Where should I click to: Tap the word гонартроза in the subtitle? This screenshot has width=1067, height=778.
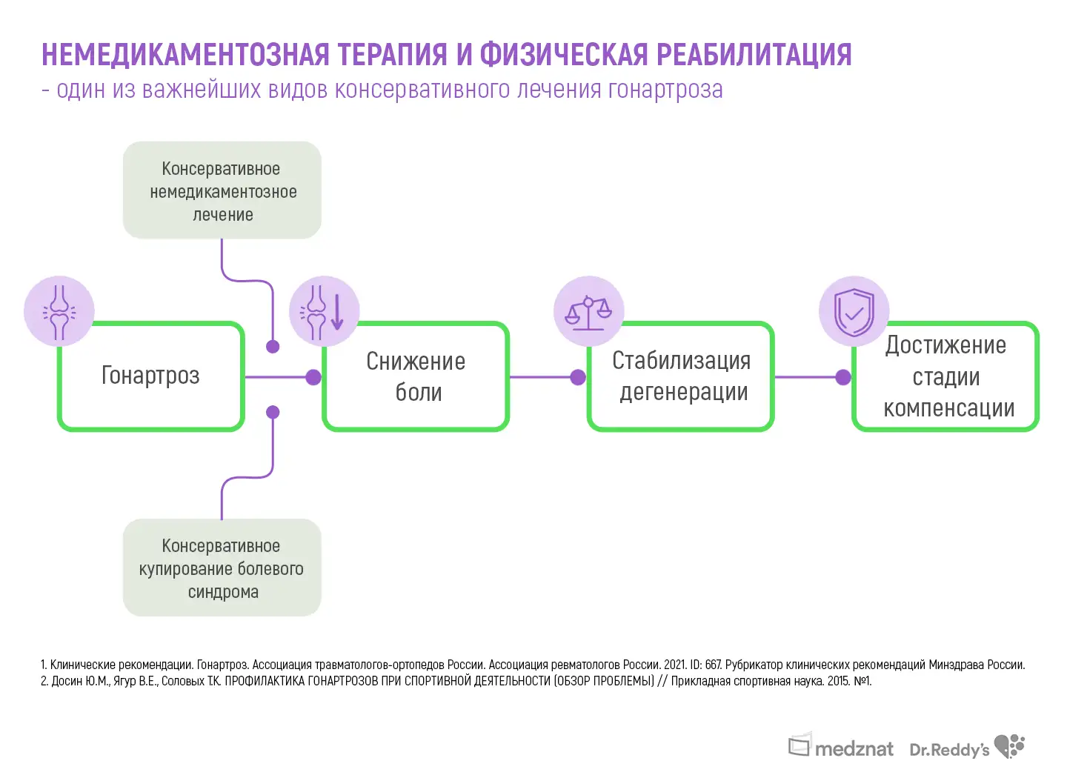[x=665, y=90]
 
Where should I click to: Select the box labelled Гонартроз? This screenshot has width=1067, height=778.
[x=151, y=376]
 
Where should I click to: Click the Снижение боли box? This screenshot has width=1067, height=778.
[x=416, y=376]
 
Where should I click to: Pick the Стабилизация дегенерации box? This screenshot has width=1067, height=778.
[x=681, y=376]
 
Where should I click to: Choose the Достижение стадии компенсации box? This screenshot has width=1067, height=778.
[x=946, y=376]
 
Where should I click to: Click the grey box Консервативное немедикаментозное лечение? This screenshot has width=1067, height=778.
[x=222, y=191]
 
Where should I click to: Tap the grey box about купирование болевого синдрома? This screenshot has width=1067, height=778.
[x=222, y=568]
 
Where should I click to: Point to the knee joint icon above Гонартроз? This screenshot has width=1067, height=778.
[x=59, y=311]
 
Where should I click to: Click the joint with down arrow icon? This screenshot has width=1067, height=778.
[x=325, y=311]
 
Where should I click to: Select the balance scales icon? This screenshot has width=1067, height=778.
[x=589, y=311]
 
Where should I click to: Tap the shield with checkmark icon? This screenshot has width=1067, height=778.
[x=854, y=311]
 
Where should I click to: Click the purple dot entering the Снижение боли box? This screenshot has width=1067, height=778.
[x=313, y=377]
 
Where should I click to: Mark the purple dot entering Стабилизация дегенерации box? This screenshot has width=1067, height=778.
[x=578, y=377]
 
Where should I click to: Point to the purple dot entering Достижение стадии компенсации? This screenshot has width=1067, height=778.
[x=843, y=377]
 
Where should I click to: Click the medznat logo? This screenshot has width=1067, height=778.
[x=841, y=747]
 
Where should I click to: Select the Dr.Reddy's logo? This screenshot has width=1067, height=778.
[x=966, y=748]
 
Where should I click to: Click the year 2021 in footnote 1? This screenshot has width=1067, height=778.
[x=674, y=665]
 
